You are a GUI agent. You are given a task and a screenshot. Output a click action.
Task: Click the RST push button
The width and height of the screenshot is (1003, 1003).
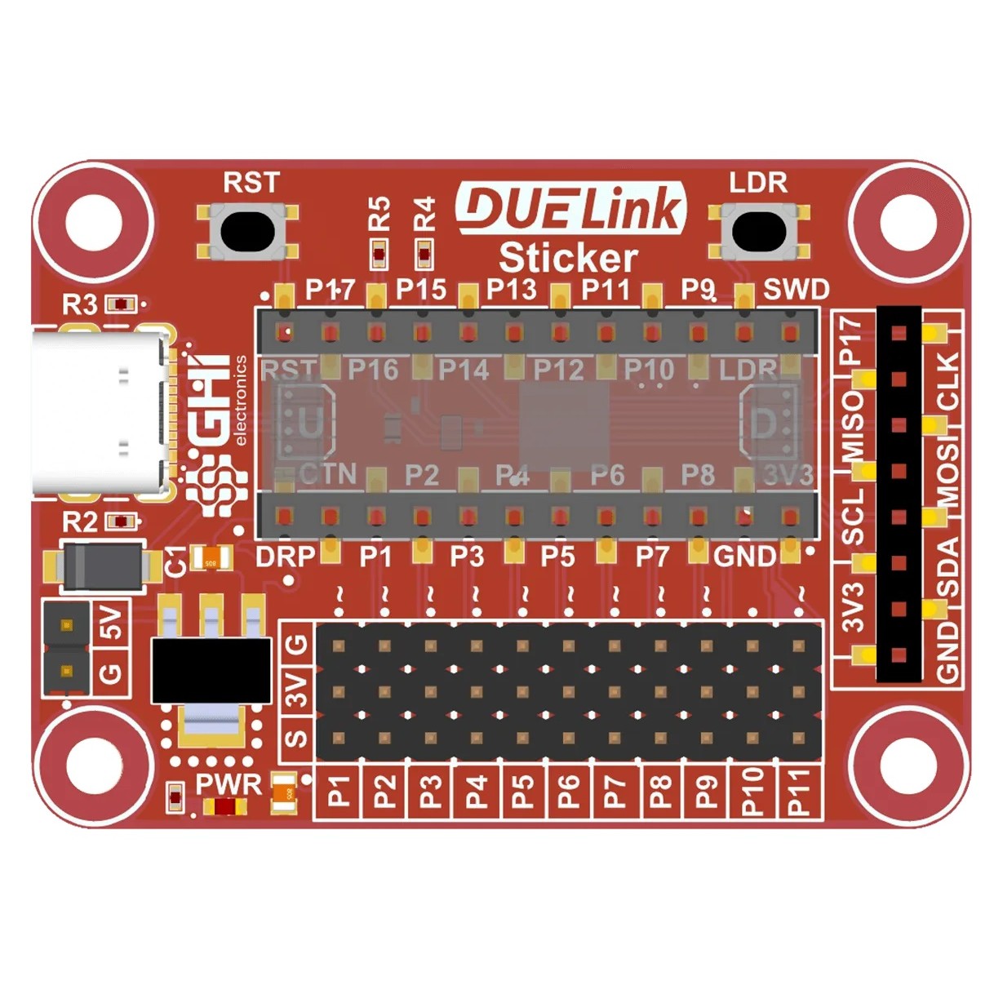[247, 231]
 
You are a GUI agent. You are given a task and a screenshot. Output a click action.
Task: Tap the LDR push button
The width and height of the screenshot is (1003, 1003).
[759, 231]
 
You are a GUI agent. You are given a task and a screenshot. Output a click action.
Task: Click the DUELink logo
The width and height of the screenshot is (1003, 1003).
[570, 208]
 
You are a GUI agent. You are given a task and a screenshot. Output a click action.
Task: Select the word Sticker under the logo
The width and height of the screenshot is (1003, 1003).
[568, 258]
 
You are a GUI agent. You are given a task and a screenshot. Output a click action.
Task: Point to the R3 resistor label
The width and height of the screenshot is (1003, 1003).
[79, 304]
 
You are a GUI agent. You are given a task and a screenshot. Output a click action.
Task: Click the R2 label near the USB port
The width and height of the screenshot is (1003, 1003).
[79, 521]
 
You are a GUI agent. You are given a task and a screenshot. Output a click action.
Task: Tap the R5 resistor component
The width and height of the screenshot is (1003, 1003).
[379, 254]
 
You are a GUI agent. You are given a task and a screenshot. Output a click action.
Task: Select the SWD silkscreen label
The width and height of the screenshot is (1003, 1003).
[796, 289]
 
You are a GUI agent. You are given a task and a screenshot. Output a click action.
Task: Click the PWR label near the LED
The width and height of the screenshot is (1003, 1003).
[229, 784]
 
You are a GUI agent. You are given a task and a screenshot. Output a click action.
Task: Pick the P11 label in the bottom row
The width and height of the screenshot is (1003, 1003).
[799, 792]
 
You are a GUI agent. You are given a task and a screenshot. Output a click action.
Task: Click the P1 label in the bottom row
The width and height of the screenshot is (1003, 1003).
[338, 792]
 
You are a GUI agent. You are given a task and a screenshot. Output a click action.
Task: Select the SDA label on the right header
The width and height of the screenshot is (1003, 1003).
[947, 567]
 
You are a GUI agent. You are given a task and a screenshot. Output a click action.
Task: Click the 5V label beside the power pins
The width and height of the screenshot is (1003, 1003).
[109, 623]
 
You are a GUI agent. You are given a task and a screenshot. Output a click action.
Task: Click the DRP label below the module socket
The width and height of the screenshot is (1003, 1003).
[285, 557]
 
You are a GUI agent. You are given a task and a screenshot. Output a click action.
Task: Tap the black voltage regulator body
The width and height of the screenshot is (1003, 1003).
[211, 670]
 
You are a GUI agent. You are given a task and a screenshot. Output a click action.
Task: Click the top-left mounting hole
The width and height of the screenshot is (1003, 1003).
[94, 222]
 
